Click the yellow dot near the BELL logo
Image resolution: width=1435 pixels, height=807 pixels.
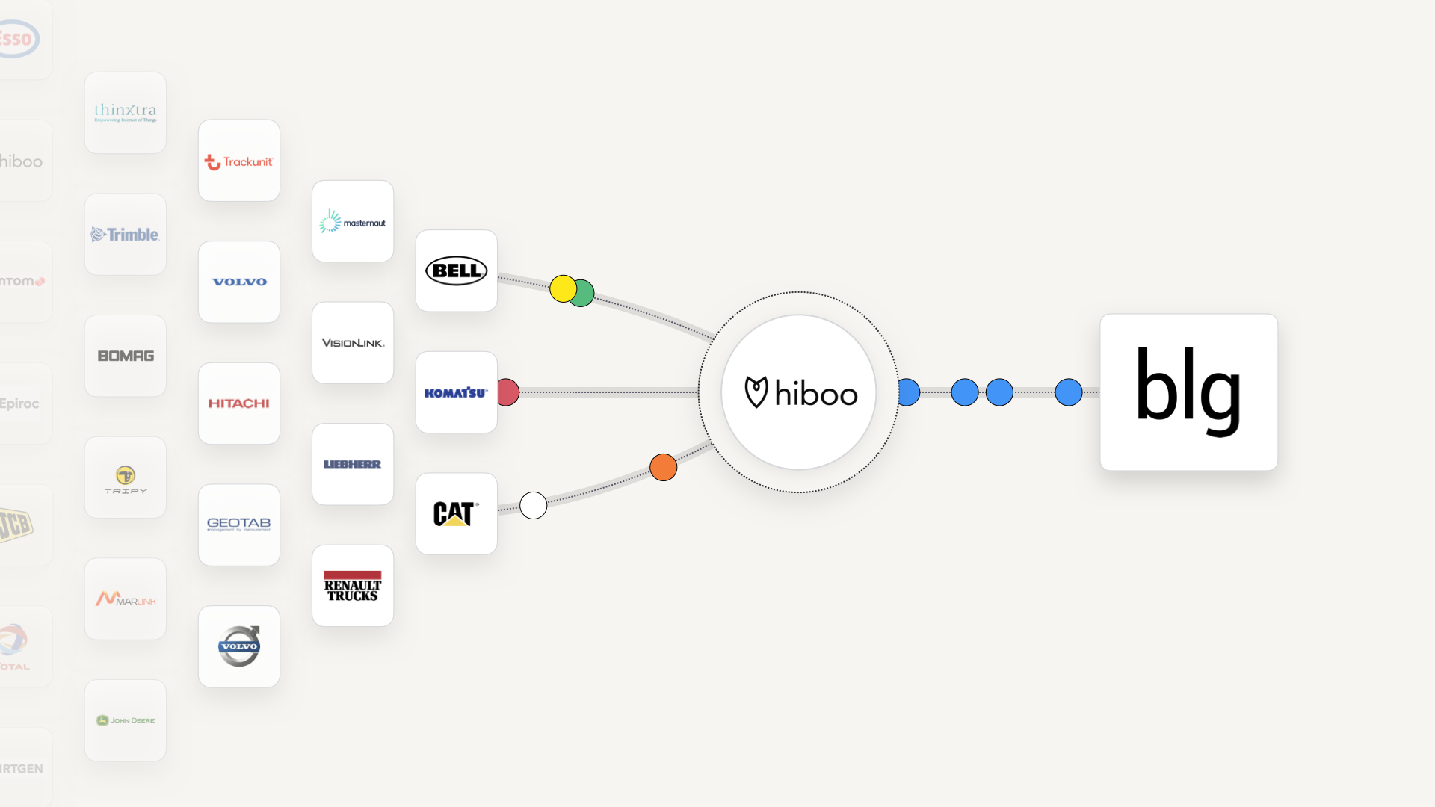pos(562,288)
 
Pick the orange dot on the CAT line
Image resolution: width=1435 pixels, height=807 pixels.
pos(663,468)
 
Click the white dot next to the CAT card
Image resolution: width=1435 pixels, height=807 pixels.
pos(533,506)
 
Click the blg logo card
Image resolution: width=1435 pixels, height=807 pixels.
pos(1188,392)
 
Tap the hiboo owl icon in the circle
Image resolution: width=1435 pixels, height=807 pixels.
pos(756,392)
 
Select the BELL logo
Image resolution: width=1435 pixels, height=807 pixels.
pos(456,270)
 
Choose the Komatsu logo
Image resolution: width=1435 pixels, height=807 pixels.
pos(456,392)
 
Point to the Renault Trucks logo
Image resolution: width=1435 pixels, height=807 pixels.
pos(353,587)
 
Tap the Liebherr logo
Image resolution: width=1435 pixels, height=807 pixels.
pos(353,465)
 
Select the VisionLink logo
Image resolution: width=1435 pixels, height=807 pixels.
pos(353,343)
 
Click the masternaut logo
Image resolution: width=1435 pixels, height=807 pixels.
pos(353,222)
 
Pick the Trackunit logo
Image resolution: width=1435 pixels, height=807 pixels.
pos(239,161)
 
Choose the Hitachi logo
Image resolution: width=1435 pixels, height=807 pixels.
pos(239,403)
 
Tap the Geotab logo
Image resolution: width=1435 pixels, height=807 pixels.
pos(239,525)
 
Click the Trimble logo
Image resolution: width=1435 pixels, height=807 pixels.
pos(126,235)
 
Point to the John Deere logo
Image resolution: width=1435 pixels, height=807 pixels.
pos(126,720)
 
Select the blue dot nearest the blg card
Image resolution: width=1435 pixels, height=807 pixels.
pos(1068,392)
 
